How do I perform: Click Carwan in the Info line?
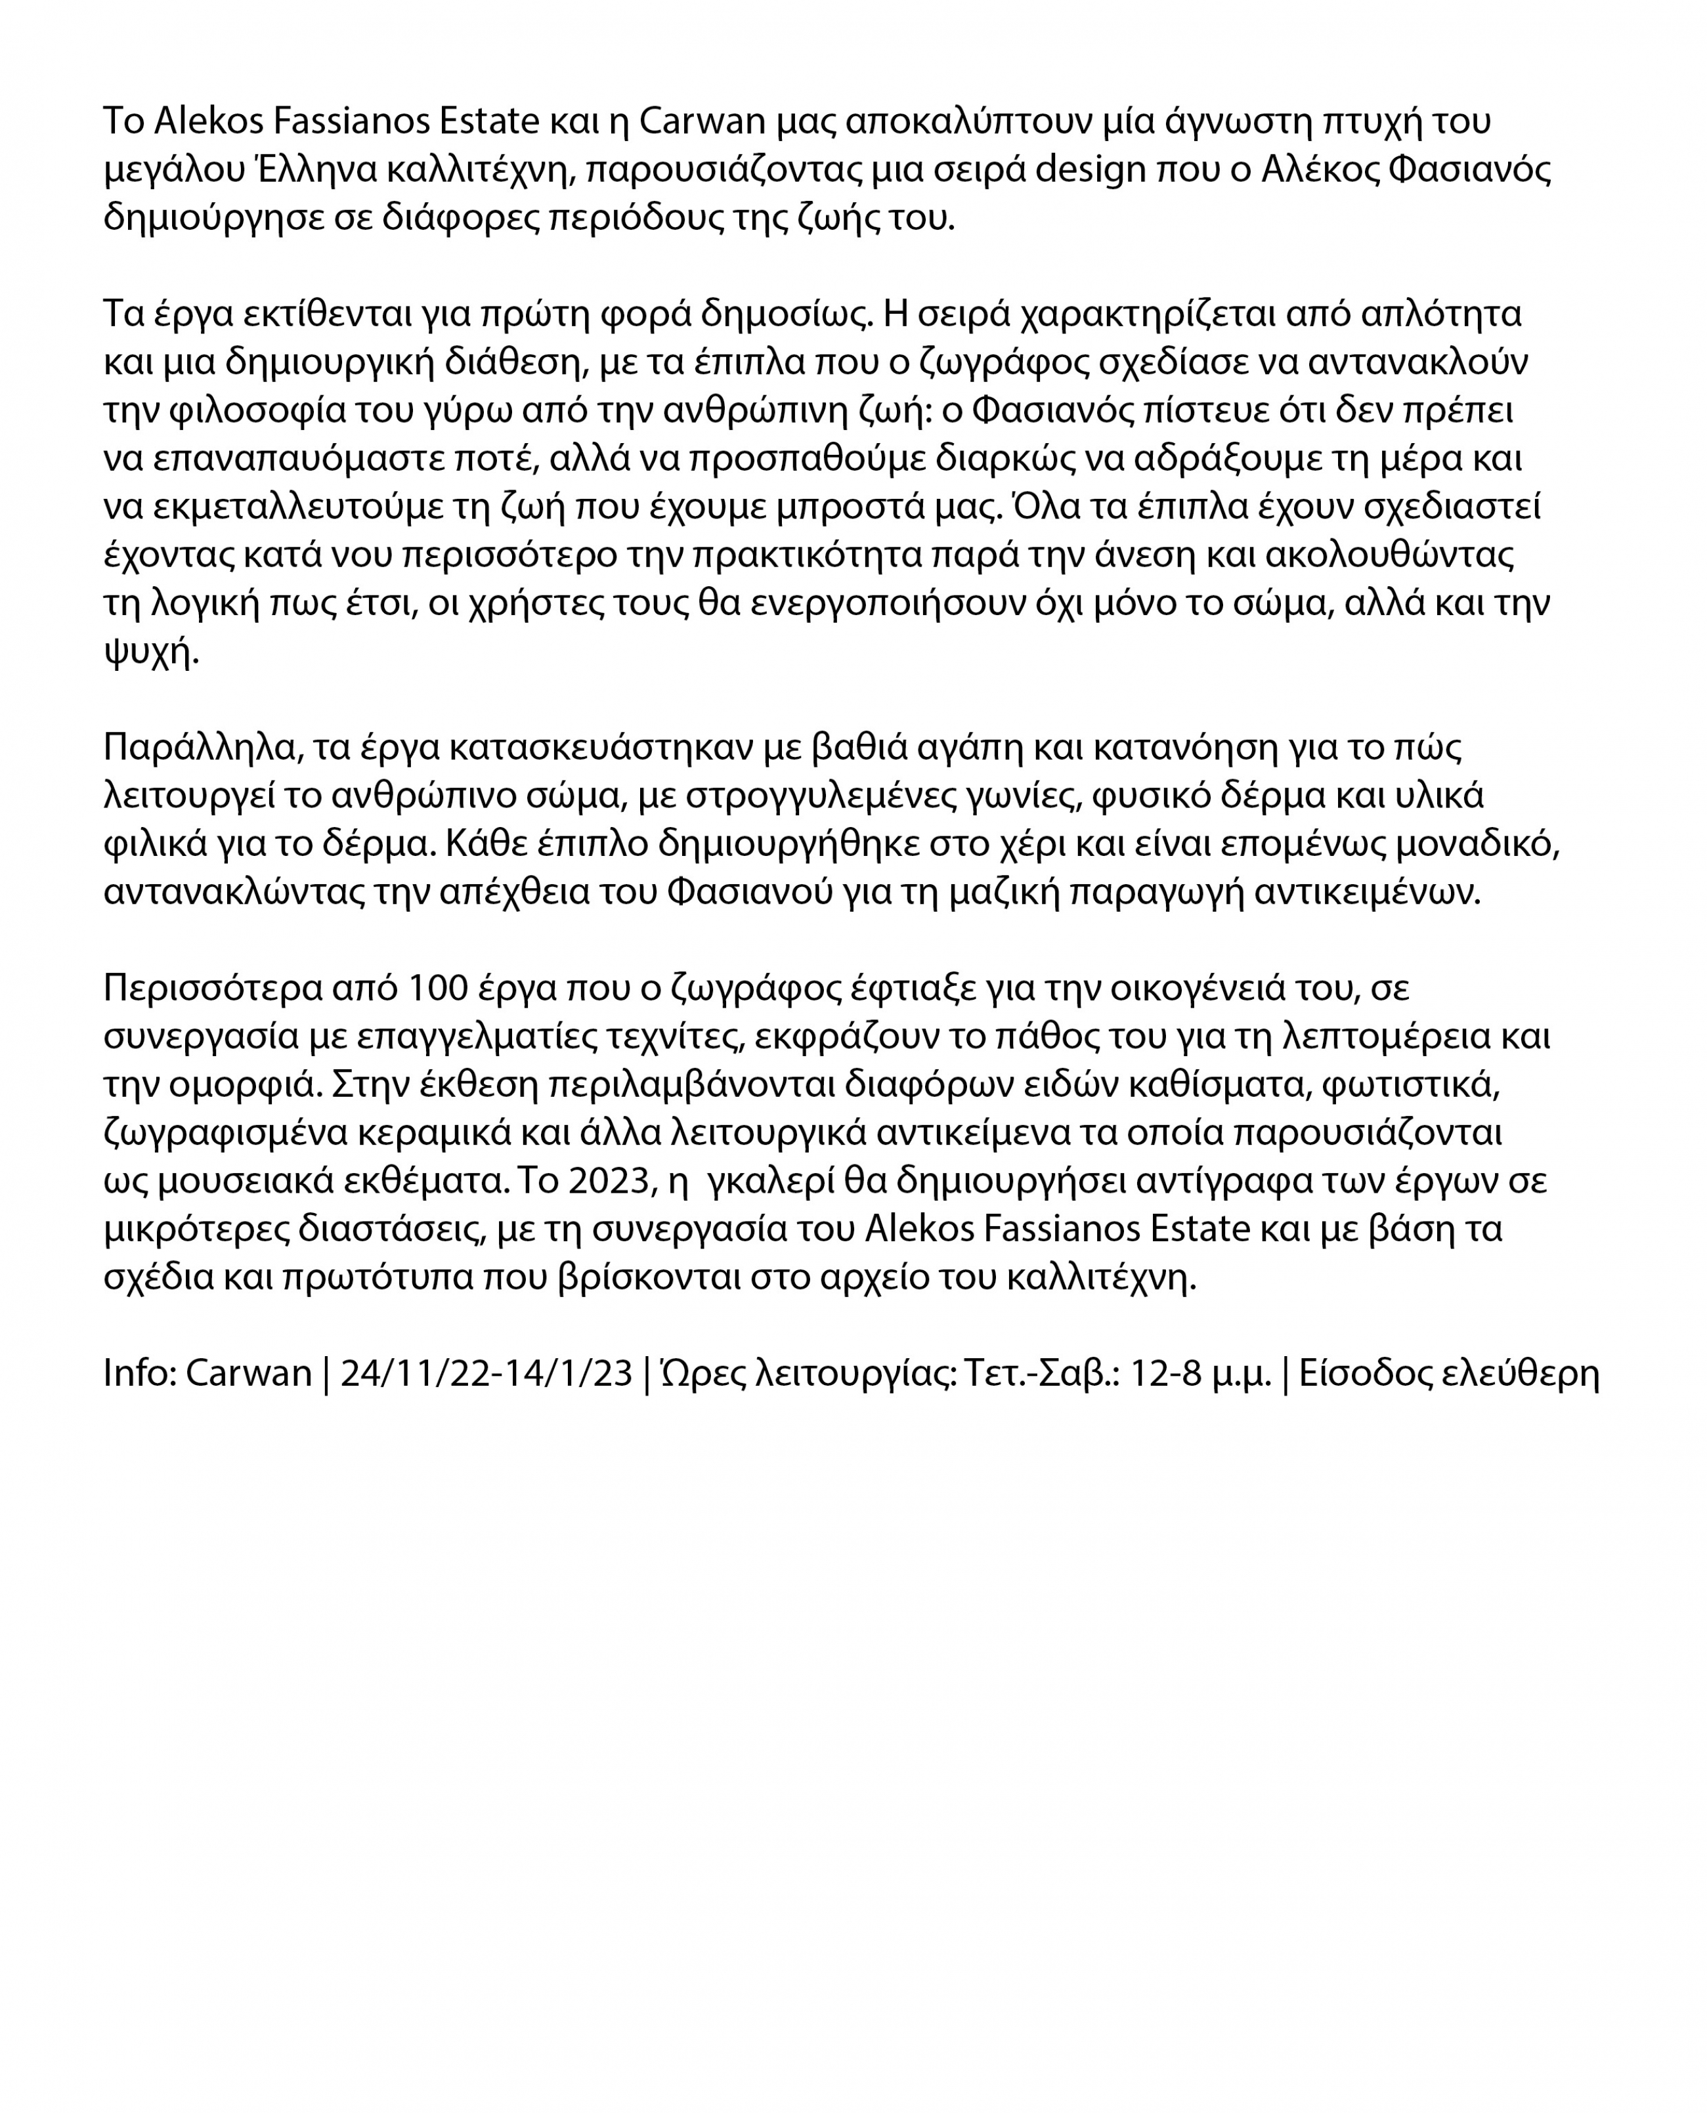coord(249,1373)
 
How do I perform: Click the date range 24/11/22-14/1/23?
coord(486,1373)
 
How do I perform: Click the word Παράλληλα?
coord(201,747)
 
